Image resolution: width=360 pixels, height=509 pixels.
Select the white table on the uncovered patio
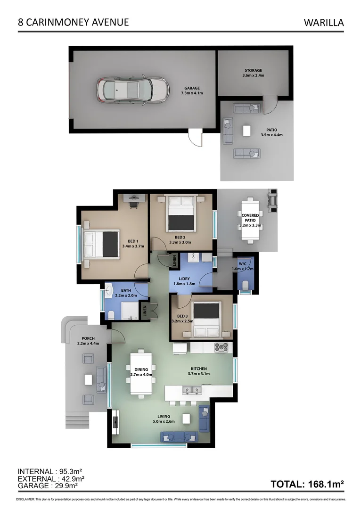246,131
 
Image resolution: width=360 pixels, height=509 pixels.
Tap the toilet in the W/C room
246,283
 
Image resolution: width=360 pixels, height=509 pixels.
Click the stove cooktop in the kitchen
221,348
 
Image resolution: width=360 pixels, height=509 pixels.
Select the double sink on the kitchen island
191,390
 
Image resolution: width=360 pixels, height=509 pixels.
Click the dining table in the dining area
141,373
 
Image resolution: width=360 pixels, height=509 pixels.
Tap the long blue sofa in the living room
179,436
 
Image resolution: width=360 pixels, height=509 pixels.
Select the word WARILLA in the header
324,22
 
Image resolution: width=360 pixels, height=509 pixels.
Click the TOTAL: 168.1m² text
307,484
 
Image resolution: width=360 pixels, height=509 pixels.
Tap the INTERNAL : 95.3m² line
47,471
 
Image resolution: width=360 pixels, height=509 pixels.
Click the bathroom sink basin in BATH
109,289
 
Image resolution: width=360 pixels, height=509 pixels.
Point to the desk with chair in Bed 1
133,200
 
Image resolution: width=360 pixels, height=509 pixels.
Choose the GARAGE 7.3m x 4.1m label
192,90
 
